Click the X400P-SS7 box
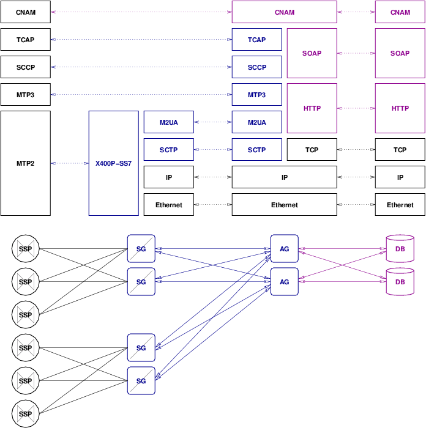pyautogui.click(x=113, y=163)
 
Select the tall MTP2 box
pyautogui.click(x=25, y=163)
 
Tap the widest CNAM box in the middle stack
pyautogui.click(x=284, y=12)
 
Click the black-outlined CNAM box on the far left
pyautogui.click(x=25, y=12)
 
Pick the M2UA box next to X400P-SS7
pyautogui.click(x=168, y=122)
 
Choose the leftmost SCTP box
pyautogui.click(x=168, y=150)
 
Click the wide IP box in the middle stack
pyautogui.click(x=284, y=177)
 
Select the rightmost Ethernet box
pyautogui.click(x=400, y=205)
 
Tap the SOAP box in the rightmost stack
pyautogui.click(x=400, y=53)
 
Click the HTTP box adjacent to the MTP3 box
pyautogui.click(x=312, y=108)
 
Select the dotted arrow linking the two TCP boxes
pyautogui.click(x=356, y=150)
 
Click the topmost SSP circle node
pyautogui.click(x=25, y=249)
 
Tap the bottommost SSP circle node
pyautogui.click(x=25, y=414)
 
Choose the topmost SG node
pyautogui.click(x=141, y=249)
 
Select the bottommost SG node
pyautogui.click(x=141, y=381)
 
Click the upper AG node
pyautogui.click(x=284, y=249)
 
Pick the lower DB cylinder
pyautogui.click(x=400, y=281)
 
